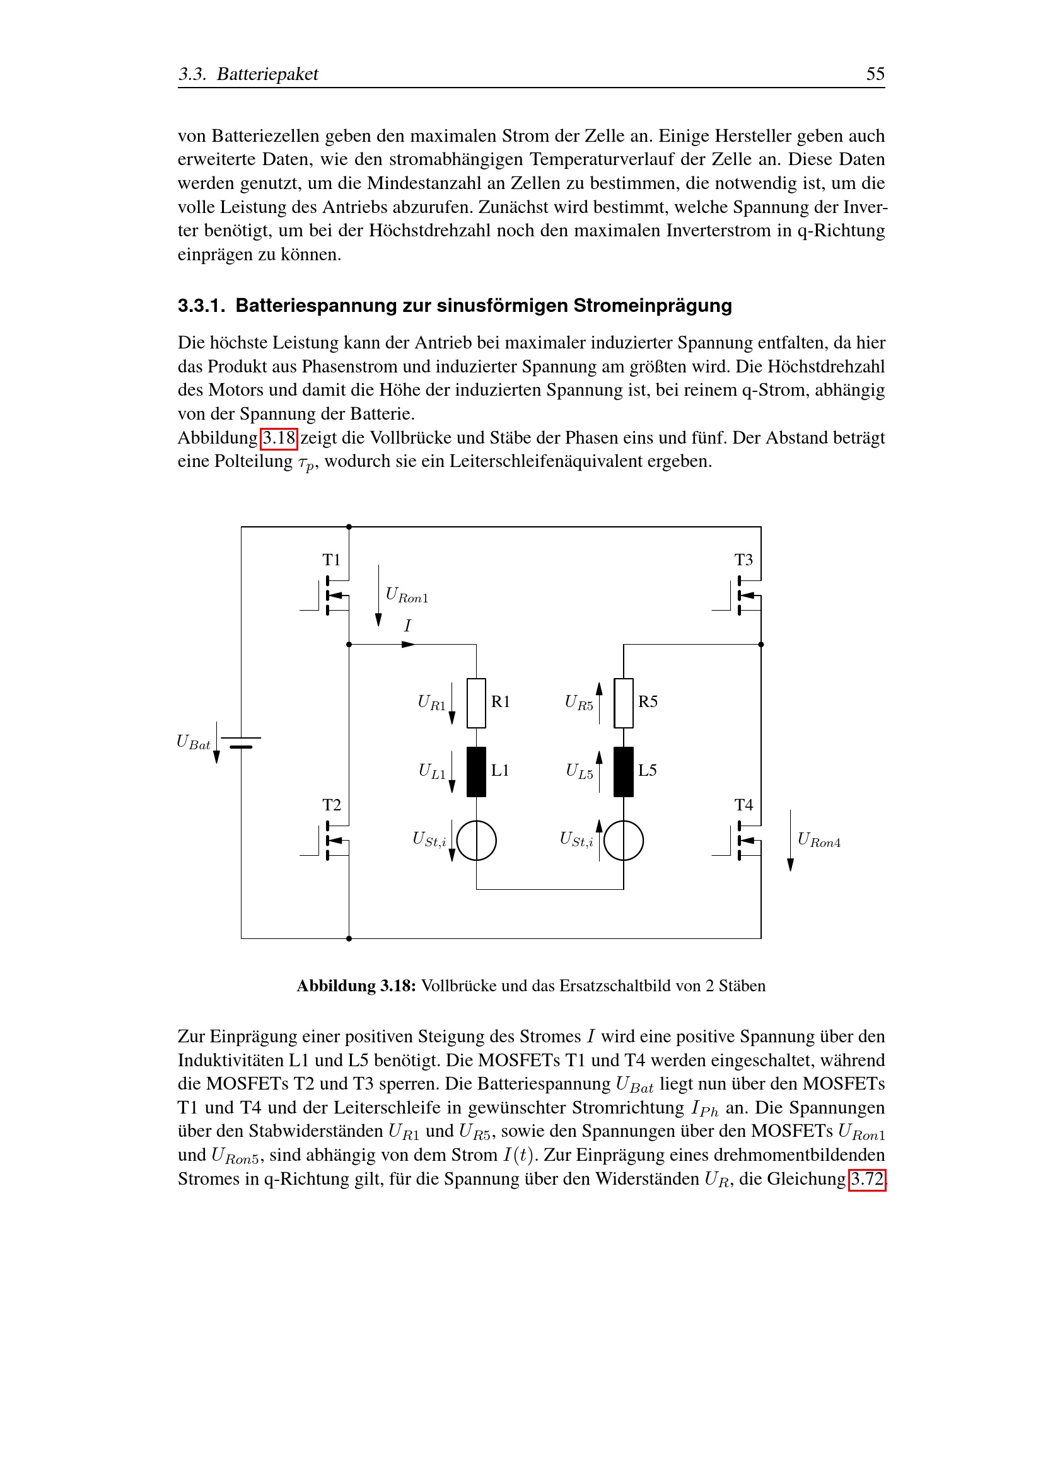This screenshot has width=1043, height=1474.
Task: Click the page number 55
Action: pos(875,74)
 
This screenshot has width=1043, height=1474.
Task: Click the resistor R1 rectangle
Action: pos(476,703)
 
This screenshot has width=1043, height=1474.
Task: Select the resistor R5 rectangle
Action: pos(623,703)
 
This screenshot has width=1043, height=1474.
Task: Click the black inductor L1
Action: pos(476,772)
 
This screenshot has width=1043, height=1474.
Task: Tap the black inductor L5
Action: pos(623,772)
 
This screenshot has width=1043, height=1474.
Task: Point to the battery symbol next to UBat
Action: pos(242,743)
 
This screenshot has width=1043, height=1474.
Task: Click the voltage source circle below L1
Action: pos(476,841)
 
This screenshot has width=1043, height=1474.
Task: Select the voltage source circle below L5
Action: pos(623,841)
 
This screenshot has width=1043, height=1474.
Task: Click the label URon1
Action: pos(407,595)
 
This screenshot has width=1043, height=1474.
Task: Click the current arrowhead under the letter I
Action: pos(408,644)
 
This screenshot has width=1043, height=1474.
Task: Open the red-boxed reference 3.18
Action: pos(279,439)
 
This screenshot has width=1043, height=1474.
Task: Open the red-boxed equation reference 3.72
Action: pos(866,1180)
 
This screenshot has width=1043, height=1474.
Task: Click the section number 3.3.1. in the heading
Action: pos(201,306)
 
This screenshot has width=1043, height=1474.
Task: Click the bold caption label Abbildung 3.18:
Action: pos(356,986)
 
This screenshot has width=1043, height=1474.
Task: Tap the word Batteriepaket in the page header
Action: pos(267,74)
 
